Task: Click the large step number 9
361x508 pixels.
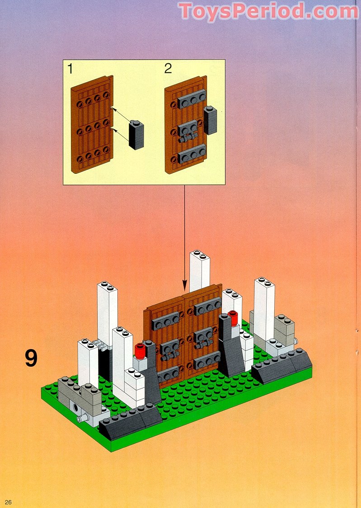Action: pos(31,358)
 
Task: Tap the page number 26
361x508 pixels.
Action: pos(9,502)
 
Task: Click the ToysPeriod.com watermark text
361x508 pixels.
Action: pos(268,11)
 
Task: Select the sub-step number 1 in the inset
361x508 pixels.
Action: pos(70,69)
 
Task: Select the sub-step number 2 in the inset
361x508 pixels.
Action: pos(168,69)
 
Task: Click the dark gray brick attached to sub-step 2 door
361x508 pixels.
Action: pos(211,120)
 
